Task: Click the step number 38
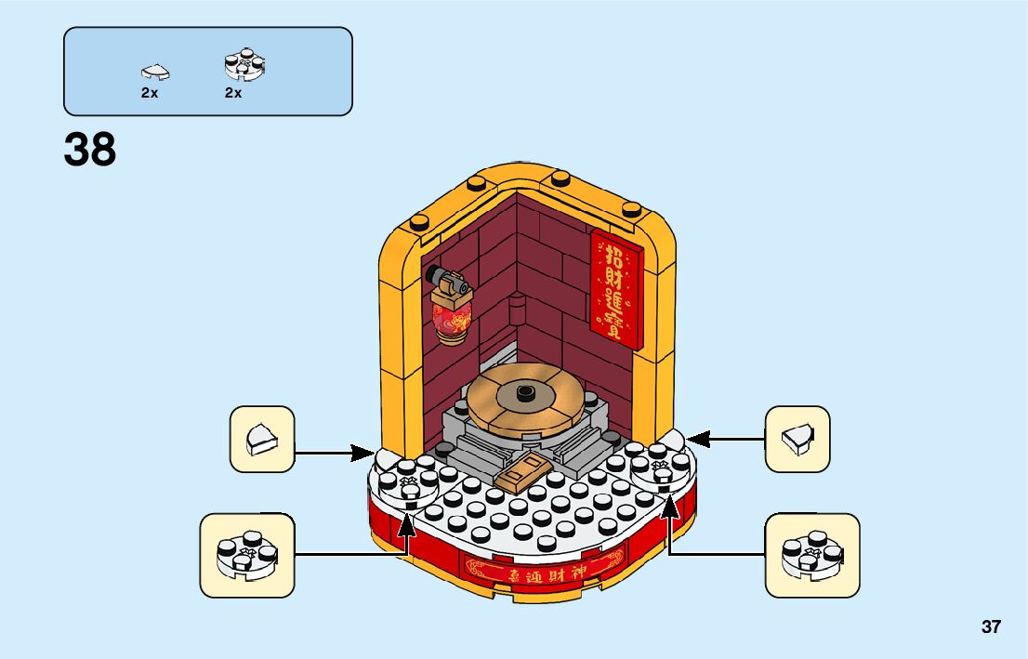pyautogui.click(x=90, y=150)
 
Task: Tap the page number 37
pyautogui.click(x=991, y=626)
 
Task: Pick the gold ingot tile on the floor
pyautogui.click(x=520, y=474)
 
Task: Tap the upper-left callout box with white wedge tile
pyautogui.click(x=261, y=439)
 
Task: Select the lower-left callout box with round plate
pyautogui.click(x=246, y=555)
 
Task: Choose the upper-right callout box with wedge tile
pyautogui.click(x=797, y=439)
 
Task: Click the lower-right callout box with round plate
pyautogui.click(x=811, y=555)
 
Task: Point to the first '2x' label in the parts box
pyautogui.click(x=150, y=93)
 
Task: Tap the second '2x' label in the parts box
pyautogui.click(x=232, y=93)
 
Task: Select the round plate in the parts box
pyautogui.click(x=245, y=64)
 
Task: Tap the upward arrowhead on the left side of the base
pyautogui.click(x=406, y=523)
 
